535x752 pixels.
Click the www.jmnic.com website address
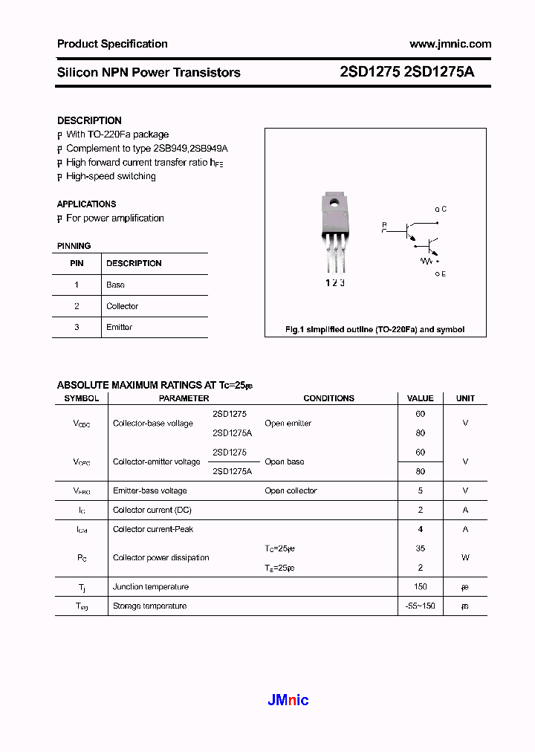tap(450, 44)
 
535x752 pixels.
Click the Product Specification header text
tap(112, 44)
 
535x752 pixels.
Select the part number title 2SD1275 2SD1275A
tap(406, 72)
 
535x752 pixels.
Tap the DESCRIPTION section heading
tap(89, 120)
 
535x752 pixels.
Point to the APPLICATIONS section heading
tap(86, 204)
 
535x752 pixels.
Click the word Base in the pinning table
tap(115, 285)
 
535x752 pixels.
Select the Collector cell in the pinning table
tap(122, 306)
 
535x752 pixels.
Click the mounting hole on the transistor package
tap(334, 201)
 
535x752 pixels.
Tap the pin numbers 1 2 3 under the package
tap(335, 282)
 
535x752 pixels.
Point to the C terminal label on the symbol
tap(442, 210)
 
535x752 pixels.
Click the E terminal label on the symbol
tap(442, 274)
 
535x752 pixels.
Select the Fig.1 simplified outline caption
tap(375, 329)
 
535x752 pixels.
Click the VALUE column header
tap(421, 398)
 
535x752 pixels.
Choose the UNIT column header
tap(465, 398)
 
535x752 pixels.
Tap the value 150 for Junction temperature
tap(421, 587)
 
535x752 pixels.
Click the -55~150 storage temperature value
tap(421, 606)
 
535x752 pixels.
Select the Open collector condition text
tap(291, 490)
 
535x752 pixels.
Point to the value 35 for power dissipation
tap(421, 548)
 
